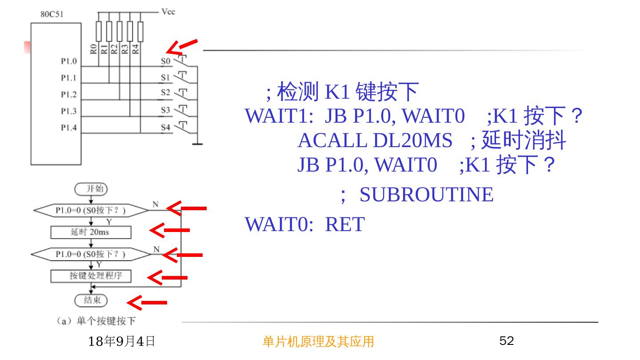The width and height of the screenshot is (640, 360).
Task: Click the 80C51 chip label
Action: click(52, 14)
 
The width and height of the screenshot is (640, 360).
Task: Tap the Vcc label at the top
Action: click(168, 12)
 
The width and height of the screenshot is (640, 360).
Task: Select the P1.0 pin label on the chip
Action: click(68, 61)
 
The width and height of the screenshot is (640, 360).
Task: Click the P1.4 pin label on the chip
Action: click(68, 128)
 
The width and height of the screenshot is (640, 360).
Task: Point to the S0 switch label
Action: click(165, 61)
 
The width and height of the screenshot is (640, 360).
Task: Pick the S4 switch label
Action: click(165, 128)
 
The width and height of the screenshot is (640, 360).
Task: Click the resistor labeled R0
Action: click(99, 32)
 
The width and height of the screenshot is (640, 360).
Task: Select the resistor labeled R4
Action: click(140, 32)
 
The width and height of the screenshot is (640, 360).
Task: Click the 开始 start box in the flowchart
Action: click(91, 189)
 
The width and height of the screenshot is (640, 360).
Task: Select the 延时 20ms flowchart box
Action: click(91, 232)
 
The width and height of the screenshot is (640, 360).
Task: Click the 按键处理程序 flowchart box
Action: click(92, 276)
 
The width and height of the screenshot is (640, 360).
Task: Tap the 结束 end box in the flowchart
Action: click(91, 300)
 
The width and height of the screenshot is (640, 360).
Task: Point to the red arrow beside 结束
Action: click(147, 303)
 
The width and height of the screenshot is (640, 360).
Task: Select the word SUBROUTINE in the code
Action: click(426, 195)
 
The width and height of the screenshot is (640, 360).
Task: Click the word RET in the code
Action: click(344, 224)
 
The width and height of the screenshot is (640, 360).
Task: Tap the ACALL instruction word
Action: click(332, 140)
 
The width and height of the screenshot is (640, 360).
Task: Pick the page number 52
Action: click(507, 341)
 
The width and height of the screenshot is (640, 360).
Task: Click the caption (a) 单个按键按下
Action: click(95, 321)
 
